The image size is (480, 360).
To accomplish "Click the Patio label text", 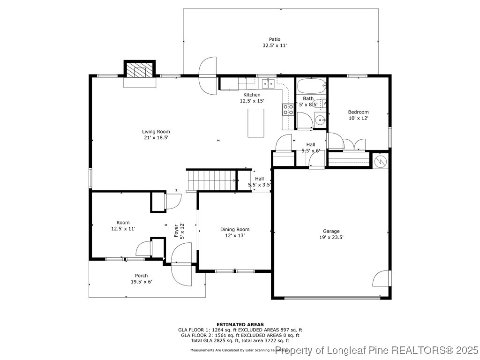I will tap(274, 39).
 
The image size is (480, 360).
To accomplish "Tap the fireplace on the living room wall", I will tap(140, 72).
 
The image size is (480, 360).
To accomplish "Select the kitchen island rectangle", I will tap(255, 123).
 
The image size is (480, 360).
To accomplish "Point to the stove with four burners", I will tap(288, 110).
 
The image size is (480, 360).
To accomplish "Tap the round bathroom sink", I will tap(321, 120).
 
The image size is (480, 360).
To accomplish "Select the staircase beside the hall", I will tap(211, 180).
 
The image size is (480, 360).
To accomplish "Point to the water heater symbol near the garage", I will tap(381, 161).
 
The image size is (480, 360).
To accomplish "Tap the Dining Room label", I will tap(235, 229).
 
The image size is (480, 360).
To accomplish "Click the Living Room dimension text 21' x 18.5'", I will tap(156, 138).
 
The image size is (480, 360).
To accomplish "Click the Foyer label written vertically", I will tap(177, 231).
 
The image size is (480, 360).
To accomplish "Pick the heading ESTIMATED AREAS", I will tap(240, 324).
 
